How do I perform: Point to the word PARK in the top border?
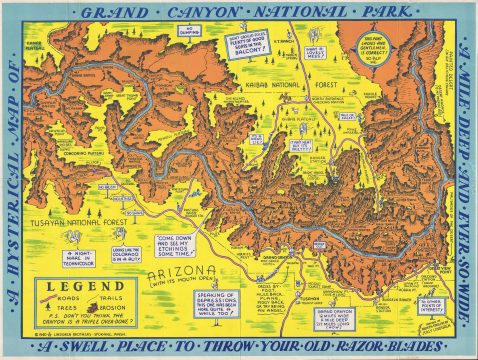point(387,15)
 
